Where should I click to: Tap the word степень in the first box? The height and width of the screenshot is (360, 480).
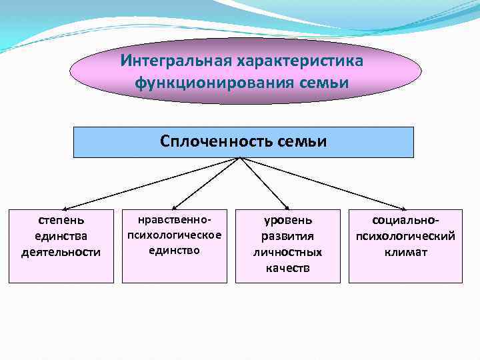tap(61, 219)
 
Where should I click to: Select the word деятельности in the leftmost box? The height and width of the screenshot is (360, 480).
tap(61, 252)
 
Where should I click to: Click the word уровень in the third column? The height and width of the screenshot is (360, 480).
tap(287, 219)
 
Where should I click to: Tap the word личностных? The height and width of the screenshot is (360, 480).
tap(287, 252)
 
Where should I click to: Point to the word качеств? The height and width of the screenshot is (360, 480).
tap(287, 268)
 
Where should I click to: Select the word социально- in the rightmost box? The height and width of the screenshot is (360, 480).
tap(405, 219)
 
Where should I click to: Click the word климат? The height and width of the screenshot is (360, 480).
tap(405, 252)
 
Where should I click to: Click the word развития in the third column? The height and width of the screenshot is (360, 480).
tap(287, 236)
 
